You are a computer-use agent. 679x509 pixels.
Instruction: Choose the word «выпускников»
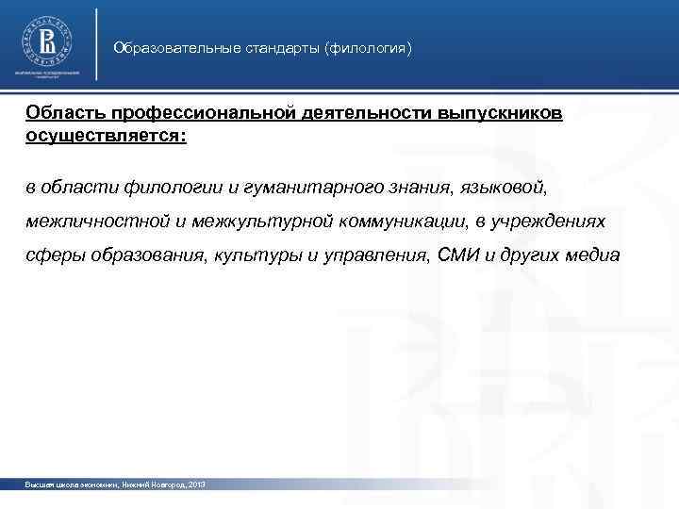point(501,113)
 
